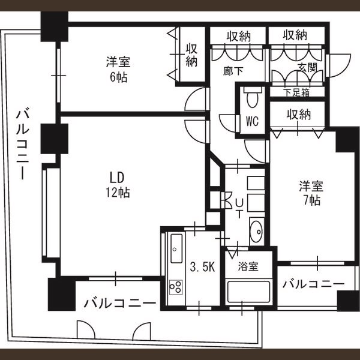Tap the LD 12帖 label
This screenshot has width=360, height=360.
click(116, 185)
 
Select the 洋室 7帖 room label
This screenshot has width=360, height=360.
click(310, 193)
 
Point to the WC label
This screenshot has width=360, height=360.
click(251, 122)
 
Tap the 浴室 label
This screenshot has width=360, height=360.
click(247, 265)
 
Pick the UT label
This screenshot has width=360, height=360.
click(239, 205)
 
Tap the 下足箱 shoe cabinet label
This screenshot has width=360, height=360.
click(296, 93)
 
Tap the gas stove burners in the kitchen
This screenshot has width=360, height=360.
click(176, 287)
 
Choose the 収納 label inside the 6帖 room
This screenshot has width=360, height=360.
click(191, 55)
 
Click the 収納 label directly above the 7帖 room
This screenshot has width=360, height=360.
click(298, 113)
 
